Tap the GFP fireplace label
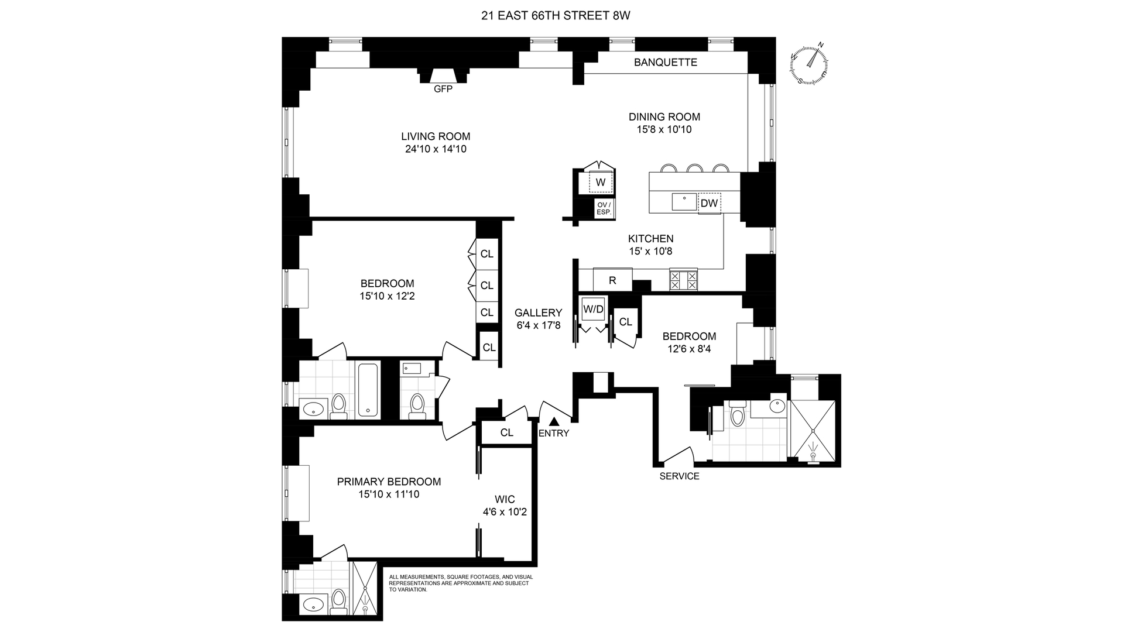coord(443,90)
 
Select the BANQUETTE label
coord(666,62)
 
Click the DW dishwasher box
coord(709,203)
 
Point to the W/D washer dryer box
coord(593,309)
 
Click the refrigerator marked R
coord(612,280)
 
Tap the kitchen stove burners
coord(684,280)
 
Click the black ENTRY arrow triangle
coord(554,420)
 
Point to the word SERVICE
coord(679,476)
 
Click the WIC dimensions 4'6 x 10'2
coord(505,512)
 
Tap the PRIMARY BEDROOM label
coord(389,482)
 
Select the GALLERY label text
coord(538,312)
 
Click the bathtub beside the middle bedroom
coord(368,390)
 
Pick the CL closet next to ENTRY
coord(506,432)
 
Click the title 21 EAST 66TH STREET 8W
coord(556,16)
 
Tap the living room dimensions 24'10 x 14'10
coord(436,149)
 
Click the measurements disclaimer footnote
coord(461,583)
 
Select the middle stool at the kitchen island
coord(695,169)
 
